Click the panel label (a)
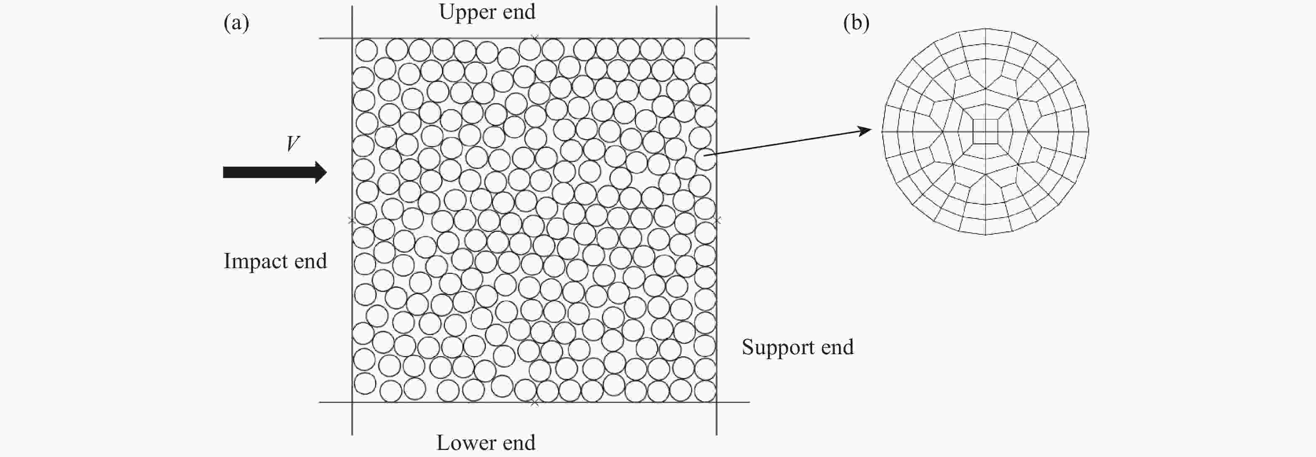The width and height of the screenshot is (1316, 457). [x=236, y=23]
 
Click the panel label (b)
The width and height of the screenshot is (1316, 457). [x=856, y=23]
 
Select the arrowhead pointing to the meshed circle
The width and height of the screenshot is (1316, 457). [x=865, y=130]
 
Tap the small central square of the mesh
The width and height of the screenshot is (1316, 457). [x=985, y=132]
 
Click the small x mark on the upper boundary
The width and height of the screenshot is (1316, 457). [x=534, y=37]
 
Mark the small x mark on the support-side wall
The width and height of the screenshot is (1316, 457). [x=718, y=221]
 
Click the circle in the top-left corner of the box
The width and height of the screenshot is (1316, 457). [x=366, y=51]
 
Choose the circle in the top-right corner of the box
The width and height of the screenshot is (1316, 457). [x=705, y=50]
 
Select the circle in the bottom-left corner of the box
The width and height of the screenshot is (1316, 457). [x=365, y=383]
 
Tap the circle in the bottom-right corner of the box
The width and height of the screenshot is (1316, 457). [x=705, y=391]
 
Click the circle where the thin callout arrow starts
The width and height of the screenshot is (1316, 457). [x=705, y=159]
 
